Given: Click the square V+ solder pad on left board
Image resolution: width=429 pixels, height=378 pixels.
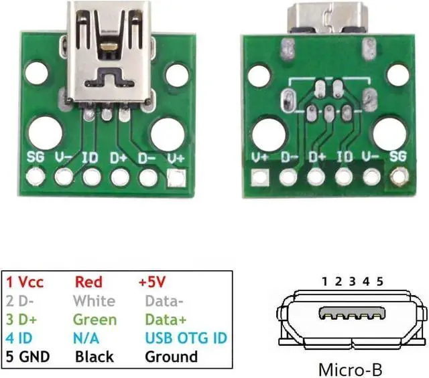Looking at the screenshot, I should pyautogui.click(x=176, y=178).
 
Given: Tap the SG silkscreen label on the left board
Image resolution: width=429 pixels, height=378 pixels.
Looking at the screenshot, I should pyautogui.click(x=36, y=159).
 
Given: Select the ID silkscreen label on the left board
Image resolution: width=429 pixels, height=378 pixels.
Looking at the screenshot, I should pyautogui.click(x=91, y=159).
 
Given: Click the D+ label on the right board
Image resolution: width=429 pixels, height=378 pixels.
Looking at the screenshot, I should pyautogui.click(x=316, y=159).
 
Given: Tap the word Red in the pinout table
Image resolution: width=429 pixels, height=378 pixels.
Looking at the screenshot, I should pyautogui.click(x=88, y=282).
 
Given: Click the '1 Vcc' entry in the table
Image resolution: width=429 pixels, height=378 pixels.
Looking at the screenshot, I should pyautogui.click(x=25, y=282).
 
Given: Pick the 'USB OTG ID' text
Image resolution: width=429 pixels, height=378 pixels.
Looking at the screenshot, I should pyautogui.click(x=186, y=338).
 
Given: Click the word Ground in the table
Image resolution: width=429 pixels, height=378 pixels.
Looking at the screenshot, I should pyautogui.click(x=171, y=357).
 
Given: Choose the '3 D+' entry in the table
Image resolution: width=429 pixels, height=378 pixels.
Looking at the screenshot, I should pyautogui.click(x=23, y=319).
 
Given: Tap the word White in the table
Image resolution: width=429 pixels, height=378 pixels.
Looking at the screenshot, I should pyautogui.click(x=94, y=300).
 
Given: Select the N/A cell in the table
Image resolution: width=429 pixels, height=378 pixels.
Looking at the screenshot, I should pyautogui.click(x=87, y=338).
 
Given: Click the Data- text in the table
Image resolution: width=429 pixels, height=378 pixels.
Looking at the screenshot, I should pyautogui.click(x=164, y=300).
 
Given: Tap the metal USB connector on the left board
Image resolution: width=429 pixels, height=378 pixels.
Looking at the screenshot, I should pyautogui.click(x=107, y=50).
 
